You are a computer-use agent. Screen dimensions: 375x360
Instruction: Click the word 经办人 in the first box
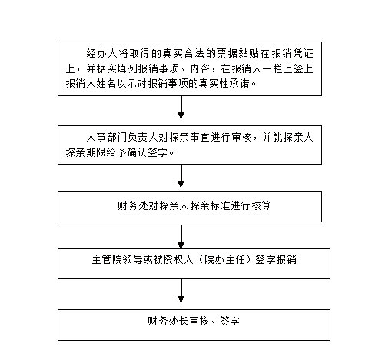coord(102,53)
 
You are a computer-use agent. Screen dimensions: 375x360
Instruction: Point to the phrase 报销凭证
coord(292,53)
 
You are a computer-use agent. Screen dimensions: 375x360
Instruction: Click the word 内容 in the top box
coord(200,68)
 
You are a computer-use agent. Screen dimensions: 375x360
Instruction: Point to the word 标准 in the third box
coord(221,205)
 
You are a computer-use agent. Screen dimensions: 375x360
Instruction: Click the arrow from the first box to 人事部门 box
coord(181,107)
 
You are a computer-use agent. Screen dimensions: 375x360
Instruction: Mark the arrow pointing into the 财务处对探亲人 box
coord(181,175)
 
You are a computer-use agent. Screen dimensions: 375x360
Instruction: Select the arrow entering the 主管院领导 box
coord(181,236)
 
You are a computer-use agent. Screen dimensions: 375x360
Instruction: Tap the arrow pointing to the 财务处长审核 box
coord(181,291)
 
